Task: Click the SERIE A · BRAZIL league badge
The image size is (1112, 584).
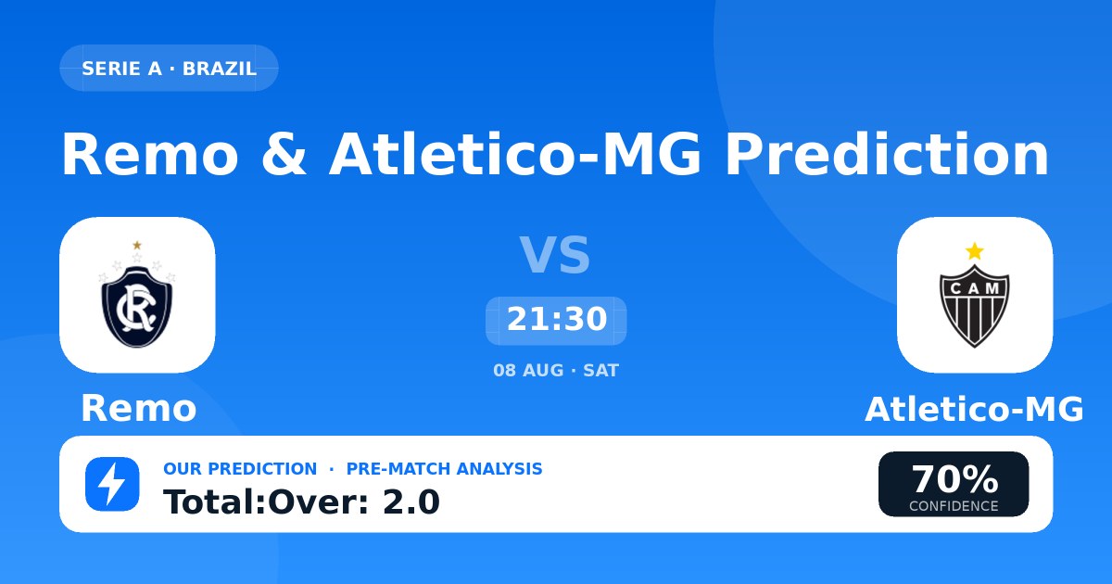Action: click(x=169, y=68)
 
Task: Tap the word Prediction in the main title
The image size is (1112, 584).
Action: click(x=887, y=154)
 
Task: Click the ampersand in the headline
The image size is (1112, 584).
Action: click(x=284, y=154)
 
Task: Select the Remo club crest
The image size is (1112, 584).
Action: click(x=137, y=295)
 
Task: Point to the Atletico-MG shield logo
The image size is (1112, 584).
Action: click(x=975, y=296)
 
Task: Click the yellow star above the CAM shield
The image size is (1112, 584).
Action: click(x=975, y=251)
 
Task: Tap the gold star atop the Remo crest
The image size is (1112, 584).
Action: click(x=137, y=245)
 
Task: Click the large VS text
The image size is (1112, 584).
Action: click(x=555, y=255)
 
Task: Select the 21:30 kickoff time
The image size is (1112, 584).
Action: click(x=557, y=319)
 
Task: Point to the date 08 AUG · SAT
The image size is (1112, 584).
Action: click(x=556, y=371)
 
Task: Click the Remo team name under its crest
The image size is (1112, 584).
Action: click(x=138, y=409)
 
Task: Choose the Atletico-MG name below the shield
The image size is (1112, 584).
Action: click(x=974, y=409)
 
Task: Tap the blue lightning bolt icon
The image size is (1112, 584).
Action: click(x=112, y=484)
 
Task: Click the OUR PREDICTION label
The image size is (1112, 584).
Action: click(x=240, y=469)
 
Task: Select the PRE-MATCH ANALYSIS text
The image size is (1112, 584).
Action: click(x=444, y=469)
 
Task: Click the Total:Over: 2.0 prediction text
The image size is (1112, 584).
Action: click(x=301, y=501)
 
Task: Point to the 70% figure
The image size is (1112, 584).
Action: click(x=954, y=479)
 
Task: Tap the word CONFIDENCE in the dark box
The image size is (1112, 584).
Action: click(x=954, y=506)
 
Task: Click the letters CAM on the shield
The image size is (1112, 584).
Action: click(x=975, y=288)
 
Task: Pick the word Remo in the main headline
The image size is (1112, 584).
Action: click(x=149, y=154)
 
